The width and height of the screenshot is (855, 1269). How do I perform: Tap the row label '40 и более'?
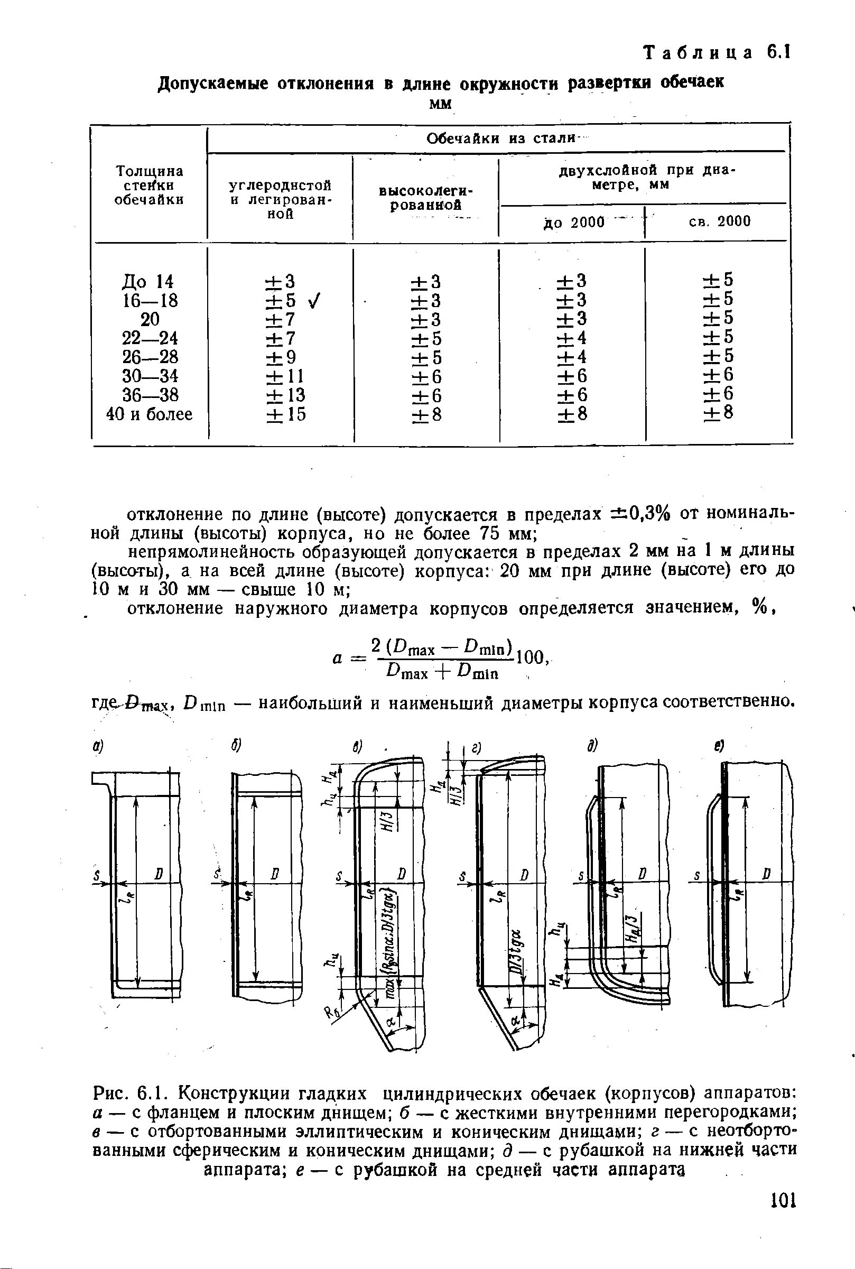149,414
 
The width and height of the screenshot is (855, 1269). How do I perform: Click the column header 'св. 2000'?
720,221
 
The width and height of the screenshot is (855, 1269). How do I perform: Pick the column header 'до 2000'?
574,222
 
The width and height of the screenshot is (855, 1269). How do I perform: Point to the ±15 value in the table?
286,414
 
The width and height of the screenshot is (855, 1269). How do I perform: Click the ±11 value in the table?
286,376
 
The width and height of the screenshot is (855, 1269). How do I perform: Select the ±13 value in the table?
286,395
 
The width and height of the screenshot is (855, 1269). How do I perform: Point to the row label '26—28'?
150,357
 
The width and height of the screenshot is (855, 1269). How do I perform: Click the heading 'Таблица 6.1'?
717,53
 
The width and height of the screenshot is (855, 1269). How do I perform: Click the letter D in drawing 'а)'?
159,874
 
